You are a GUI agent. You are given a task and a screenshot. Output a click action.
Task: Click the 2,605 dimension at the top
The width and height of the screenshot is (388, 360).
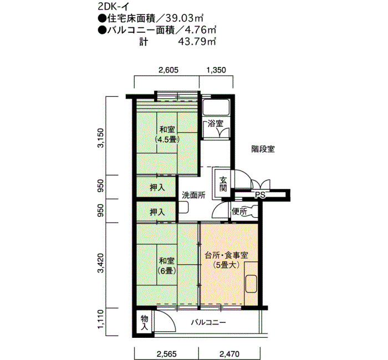169,70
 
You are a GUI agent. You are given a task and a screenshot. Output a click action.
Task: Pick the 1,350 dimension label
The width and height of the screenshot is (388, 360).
216,70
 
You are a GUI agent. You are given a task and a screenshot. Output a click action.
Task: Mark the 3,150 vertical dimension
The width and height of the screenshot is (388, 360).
101,138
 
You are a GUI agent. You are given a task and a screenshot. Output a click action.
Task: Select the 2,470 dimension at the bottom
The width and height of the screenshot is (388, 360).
229,354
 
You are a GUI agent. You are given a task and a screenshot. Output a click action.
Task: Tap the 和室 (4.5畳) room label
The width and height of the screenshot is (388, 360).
167,134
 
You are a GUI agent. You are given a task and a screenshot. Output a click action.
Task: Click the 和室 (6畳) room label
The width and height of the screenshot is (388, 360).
167,266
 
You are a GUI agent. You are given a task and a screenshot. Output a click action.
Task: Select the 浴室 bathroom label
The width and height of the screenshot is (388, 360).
216,124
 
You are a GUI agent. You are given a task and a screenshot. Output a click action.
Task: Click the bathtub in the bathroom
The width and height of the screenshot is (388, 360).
216,107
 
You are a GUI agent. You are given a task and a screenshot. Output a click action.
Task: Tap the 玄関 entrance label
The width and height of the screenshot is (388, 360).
223,184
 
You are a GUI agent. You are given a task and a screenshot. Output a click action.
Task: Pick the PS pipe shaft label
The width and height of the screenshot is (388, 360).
260,195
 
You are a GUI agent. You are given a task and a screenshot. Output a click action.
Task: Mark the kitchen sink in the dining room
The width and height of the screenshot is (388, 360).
251,284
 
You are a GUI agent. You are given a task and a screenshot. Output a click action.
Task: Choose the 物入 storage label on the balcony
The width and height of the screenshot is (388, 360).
144,323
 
